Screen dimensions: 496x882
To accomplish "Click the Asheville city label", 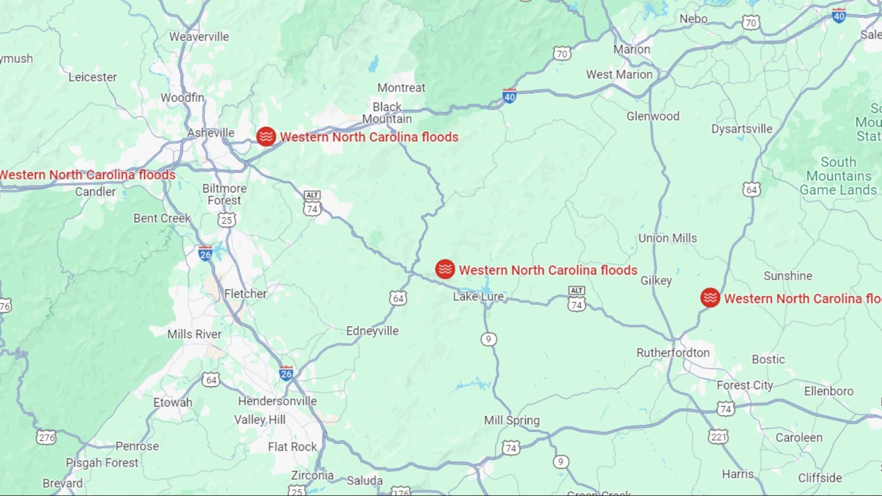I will point(211,133).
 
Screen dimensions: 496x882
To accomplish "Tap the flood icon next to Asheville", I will point(266,136).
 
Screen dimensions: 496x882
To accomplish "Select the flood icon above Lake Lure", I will point(445,269).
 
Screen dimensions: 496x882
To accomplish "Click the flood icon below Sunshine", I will point(710,298).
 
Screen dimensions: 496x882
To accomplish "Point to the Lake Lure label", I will point(478,297).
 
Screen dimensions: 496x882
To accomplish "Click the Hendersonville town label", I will point(277,401).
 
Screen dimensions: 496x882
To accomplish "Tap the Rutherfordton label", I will point(673,353).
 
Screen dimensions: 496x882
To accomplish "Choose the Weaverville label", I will point(199,37).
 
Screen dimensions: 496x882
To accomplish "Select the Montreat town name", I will point(401,88).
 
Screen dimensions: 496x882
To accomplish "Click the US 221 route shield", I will point(718,436).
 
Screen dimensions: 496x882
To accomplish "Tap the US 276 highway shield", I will point(46,437).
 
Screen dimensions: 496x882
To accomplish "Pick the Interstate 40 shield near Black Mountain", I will point(509,96).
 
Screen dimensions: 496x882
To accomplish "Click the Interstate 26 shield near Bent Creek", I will point(205,254).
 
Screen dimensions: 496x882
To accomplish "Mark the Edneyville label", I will point(372,331).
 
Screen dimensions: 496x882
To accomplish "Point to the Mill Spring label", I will point(512,420).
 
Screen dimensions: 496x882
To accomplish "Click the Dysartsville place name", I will point(741,129).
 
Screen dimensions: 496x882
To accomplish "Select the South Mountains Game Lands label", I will point(838,176).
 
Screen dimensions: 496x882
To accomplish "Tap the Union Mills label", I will point(667,238).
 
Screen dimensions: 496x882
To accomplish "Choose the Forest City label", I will point(745,385).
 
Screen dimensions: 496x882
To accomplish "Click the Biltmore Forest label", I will point(224,194).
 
